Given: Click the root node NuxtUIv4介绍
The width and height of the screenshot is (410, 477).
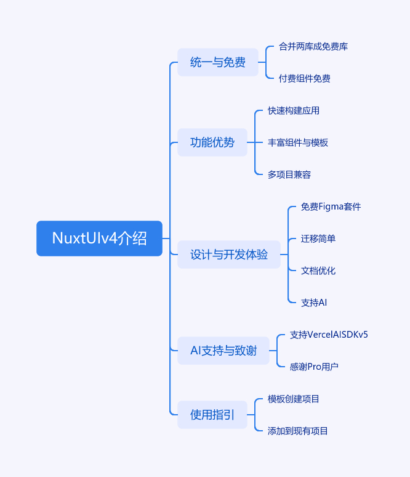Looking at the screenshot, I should pyautogui.click(x=100, y=238).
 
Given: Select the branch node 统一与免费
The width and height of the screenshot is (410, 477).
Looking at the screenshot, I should pyautogui.click(x=218, y=62).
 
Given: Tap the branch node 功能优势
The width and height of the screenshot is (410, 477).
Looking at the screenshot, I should pyautogui.click(x=212, y=142).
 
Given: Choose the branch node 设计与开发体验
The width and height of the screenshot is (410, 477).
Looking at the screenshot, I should pyautogui.click(x=229, y=255).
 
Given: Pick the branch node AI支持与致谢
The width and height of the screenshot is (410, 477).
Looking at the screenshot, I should pyautogui.click(x=223, y=351).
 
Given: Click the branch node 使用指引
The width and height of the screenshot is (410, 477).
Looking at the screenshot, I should pyautogui.click(x=212, y=415).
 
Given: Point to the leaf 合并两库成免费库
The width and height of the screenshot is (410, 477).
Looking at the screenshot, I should pyautogui.click(x=313, y=46).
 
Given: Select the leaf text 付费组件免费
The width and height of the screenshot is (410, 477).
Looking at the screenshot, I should pyautogui.click(x=305, y=78).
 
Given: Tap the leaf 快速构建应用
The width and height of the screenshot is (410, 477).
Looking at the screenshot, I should pyautogui.click(x=294, y=110).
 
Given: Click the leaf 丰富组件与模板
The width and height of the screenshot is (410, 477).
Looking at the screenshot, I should pyautogui.click(x=298, y=142).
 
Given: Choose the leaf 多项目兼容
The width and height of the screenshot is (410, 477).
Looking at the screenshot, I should pyautogui.click(x=289, y=174).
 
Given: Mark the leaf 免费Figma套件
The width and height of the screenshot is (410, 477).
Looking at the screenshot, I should pyautogui.click(x=331, y=206).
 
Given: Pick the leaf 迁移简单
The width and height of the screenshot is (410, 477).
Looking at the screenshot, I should pyautogui.click(x=318, y=238).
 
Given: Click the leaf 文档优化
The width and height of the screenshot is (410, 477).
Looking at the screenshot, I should pyautogui.click(x=318, y=271).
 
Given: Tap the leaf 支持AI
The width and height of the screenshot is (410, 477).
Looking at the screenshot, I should pyautogui.click(x=314, y=303).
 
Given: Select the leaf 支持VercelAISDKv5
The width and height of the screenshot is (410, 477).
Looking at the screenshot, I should pyautogui.click(x=329, y=335).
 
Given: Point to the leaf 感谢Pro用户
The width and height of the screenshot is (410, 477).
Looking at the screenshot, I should pyautogui.click(x=314, y=367).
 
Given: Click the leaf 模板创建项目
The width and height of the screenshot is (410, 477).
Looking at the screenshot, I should pyautogui.click(x=294, y=399).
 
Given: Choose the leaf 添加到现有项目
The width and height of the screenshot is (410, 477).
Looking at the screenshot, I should pyautogui.click(x=298, y=431).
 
